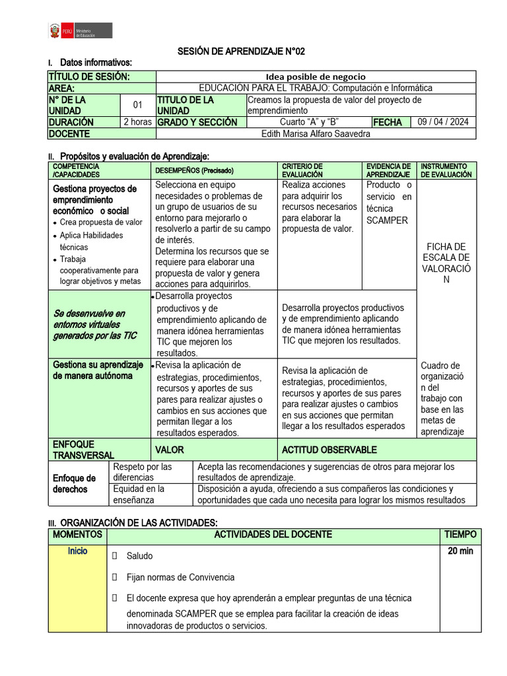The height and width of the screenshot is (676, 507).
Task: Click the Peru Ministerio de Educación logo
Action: (x=79, y=30)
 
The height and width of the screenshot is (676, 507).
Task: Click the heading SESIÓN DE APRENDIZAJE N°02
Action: (x=242, y=51)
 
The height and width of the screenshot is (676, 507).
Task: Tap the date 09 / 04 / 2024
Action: (x=443, y=122)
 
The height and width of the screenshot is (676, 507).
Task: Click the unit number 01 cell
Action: (x=137, y=105)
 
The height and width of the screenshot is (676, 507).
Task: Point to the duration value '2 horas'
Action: (x=137, y=122)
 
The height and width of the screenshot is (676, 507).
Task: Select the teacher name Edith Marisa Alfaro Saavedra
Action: (x=316, y=133)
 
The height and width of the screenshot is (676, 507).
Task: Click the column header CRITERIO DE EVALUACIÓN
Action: (x=302, y=170)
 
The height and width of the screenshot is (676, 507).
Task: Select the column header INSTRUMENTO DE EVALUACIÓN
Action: (x=446, y=170)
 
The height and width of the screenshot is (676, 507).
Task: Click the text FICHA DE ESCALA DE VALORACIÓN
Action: (x=446, y=263)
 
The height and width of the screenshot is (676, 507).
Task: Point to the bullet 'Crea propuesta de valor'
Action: (x=101, y=222)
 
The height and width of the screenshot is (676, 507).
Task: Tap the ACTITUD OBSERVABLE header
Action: (x=329, y=450)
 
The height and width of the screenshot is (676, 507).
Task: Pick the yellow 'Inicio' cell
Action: (x=77, y=551)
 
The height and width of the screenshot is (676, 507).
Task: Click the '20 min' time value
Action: (x=460, y=551)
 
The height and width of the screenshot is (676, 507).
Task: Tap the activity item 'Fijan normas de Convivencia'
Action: (x=180, y=577)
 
